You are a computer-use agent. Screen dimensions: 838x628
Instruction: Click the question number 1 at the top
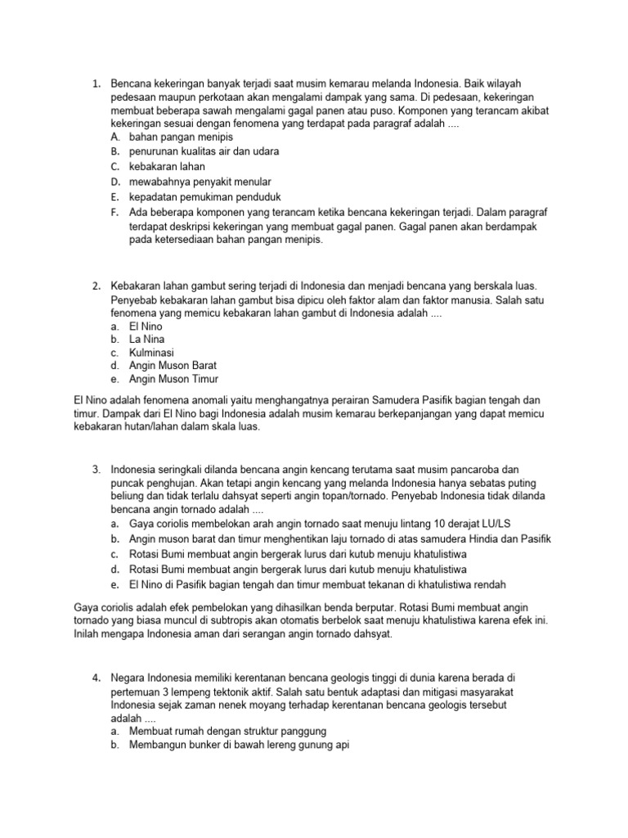tap(96, 83)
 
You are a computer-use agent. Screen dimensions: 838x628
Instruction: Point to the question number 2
tap(96, 286)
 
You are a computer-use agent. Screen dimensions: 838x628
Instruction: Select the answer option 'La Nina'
tap(146, 338)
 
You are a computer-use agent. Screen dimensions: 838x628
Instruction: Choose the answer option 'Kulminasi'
tap(151, 352)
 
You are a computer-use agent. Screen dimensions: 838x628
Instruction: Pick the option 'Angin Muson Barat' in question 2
tap(173, 365)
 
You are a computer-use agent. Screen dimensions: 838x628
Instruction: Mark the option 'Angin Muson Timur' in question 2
tap(173, 379)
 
